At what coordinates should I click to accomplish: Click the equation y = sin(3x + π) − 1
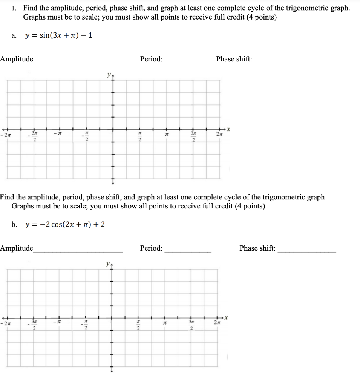point(58,35)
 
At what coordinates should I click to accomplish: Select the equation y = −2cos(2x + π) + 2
point(65,225)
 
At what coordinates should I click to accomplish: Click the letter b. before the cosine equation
point(14,225)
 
